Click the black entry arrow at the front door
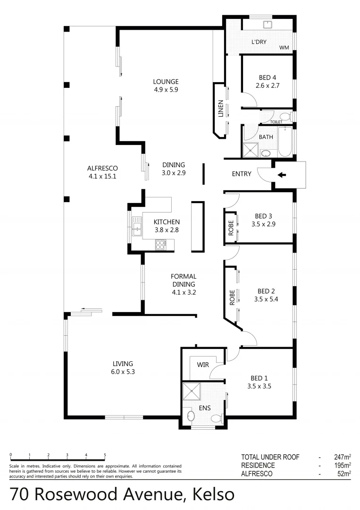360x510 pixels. pyautogui.click(x=281, y=175)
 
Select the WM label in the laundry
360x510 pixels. pyautogui.click(x=284, y=47)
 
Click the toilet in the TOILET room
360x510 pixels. pyautogui.click(x=285, y=117)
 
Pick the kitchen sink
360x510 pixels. pyautogui.click(x=137, y=226)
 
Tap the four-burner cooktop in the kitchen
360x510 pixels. pyautogui.click(x=160, y=244)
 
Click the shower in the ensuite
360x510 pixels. pyautogui.click(x=192, y=391)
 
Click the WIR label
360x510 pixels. pyautogui.click(x=203, y=365)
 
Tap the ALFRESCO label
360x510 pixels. pyautogui.click(x=102, y=168)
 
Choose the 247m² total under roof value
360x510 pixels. pyautogui.click(x=342, y=457)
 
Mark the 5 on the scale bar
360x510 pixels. pyautogui.click(x=105, y=455)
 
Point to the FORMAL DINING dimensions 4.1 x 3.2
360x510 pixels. pyautogui.click(x=184, y=292)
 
